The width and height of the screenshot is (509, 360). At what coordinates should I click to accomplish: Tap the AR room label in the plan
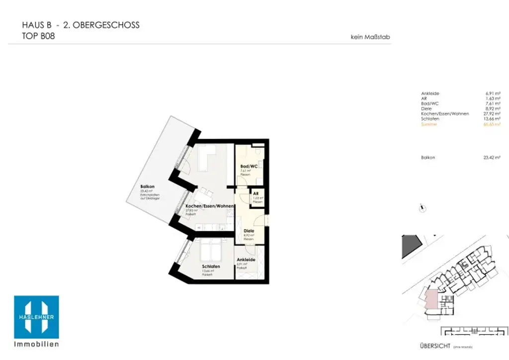(x=255, y=193)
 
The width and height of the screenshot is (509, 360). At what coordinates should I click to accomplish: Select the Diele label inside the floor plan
(x=249, y=231)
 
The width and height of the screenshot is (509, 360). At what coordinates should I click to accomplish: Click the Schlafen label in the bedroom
(x=211, y=267)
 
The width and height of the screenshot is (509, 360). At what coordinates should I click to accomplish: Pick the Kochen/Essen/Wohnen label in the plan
(x=209, y=206)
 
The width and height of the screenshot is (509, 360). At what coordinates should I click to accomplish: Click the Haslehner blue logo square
(x=36, y=317)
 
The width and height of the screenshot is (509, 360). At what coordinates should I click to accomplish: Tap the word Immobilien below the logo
(x=36, y=344)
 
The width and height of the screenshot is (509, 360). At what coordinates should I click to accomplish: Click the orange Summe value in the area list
(x=492, y=124)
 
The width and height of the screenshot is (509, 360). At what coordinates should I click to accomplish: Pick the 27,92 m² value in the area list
(x=492, y=114)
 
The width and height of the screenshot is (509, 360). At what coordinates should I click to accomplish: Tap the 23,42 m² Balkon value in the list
(x=492, y=157)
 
